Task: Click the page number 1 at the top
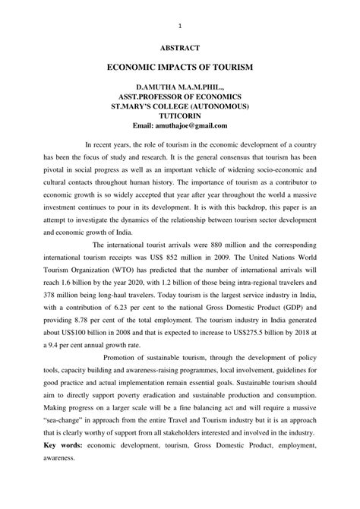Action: [179, 24]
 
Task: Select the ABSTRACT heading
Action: [179, 48]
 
